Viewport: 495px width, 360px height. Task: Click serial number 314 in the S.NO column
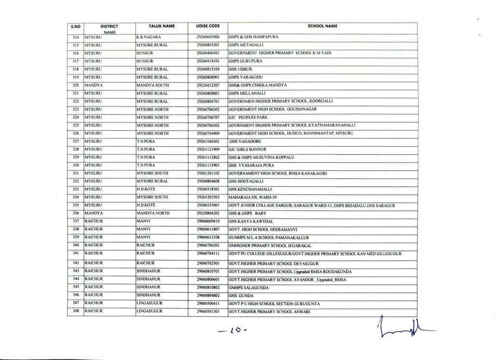(75, 37)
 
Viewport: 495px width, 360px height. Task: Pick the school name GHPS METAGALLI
(246, 45)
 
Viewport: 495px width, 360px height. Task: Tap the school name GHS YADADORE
(247, 141)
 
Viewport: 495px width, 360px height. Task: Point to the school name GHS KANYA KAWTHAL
(251, 221)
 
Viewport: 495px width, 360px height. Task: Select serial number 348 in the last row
(75, 311)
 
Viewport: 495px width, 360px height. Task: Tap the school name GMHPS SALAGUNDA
(247, 287)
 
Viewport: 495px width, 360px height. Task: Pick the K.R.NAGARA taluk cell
(148, 37)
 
